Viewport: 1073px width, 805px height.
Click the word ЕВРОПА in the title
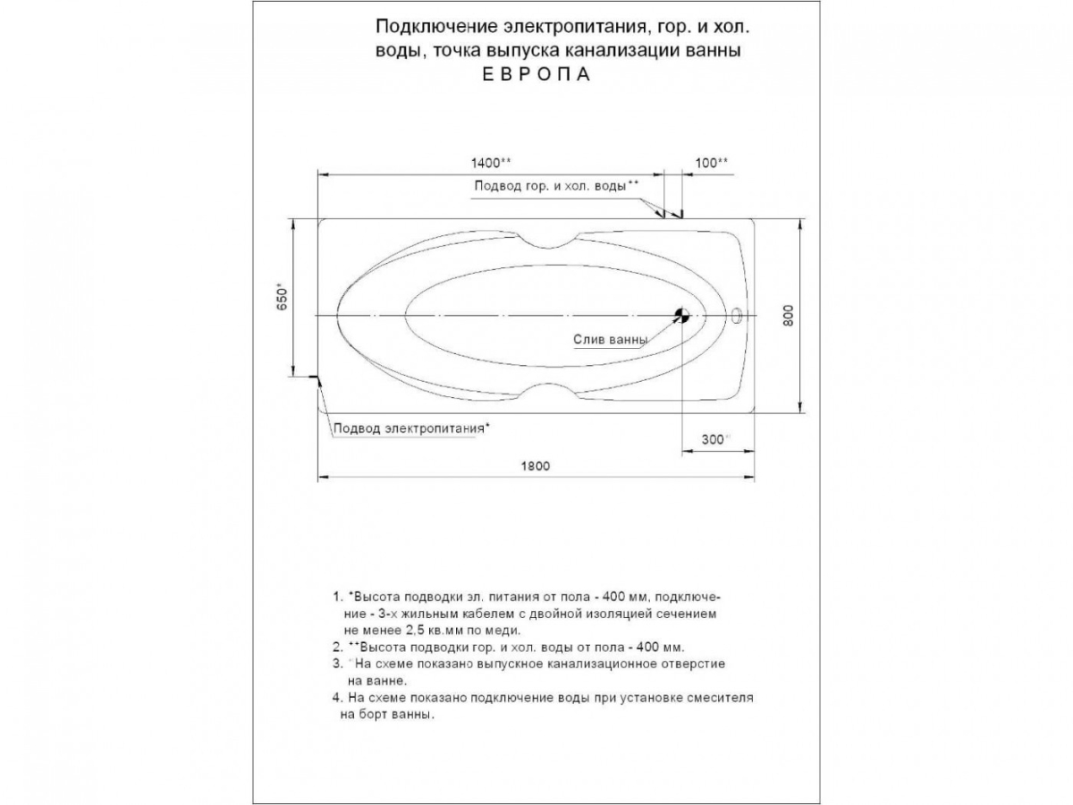tap(536, 75)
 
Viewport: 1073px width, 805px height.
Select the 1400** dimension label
tap(491, 163)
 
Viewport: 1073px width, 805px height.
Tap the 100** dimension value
tap(711, 163)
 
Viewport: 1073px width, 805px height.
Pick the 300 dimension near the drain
tap(714, 439)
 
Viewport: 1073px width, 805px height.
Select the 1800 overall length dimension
tap(535, 466)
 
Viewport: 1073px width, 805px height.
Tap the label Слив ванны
tap(611, 340)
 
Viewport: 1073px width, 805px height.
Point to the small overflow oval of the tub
tap(738, 315)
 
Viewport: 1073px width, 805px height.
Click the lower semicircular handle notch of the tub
tap(547, 392)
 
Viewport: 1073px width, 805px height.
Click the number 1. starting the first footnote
tap(337, 596)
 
